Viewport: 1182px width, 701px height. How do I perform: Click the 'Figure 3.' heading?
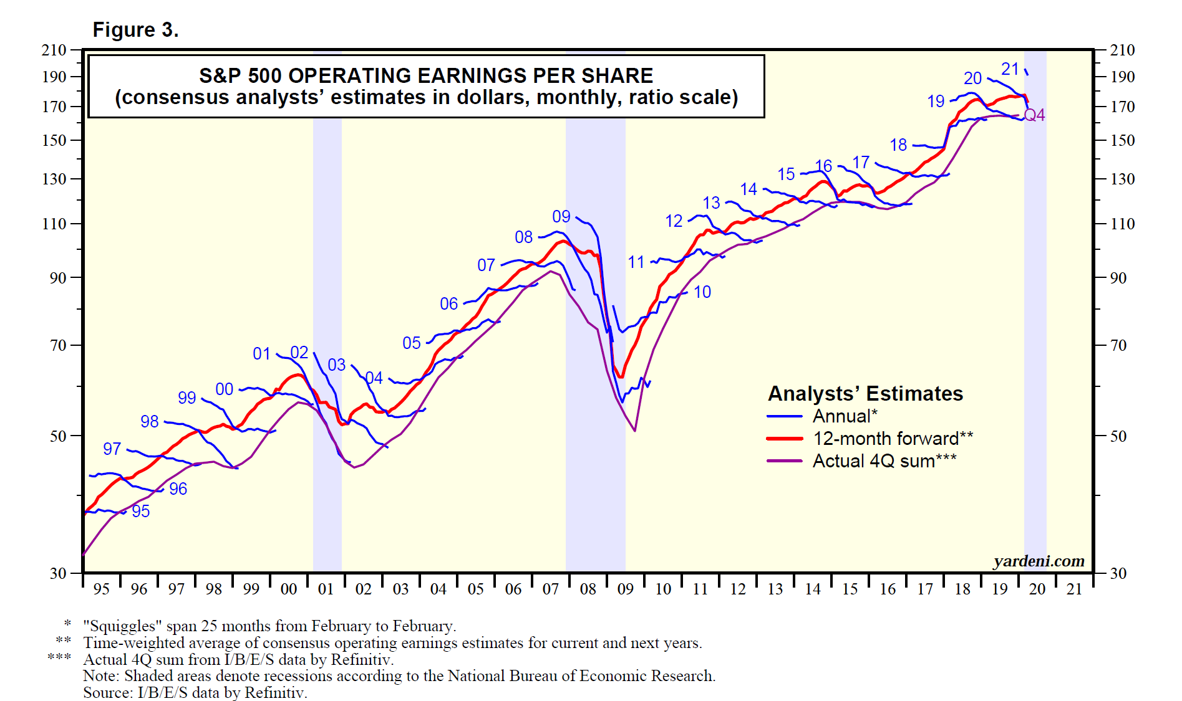click(x=135, y=30)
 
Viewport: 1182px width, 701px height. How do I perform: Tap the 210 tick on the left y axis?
click(x=54, y=50)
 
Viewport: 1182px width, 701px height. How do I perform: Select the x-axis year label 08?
click(x=588, y=589)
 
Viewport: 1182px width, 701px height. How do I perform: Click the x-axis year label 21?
click(x=1074, y=589)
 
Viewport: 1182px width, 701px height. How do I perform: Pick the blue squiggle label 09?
click(x=561, y=216)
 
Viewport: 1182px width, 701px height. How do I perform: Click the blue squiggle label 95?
click(x=141, y=511)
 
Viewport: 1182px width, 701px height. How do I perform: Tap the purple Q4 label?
click(x=1035, y=115)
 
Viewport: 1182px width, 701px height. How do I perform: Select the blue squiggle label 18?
click(x=898, y=145)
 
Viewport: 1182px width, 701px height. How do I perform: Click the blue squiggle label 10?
click(x=702, y=292)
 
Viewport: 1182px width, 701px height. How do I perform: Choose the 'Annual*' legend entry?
click(x=845, y=416)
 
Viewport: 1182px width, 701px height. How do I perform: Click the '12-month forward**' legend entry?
click(x=893, y=439)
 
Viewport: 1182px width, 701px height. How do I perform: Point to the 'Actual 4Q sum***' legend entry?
click(x=884, y=461)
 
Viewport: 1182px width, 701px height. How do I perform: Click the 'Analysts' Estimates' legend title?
click(x=865, y=394)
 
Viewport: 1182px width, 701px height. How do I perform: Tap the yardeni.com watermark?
click(x=1039, y=561)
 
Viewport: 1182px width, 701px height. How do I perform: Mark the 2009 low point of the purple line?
click(x=634, y=431)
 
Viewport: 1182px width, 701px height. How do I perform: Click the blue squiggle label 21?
click(x=1010, y=69)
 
